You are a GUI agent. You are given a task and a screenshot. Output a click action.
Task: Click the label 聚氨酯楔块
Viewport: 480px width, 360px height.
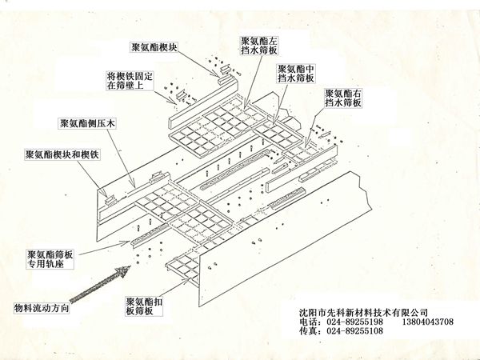[x=154, y=47]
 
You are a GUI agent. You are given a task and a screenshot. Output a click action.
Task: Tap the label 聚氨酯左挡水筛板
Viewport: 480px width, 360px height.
[x=259, y=46]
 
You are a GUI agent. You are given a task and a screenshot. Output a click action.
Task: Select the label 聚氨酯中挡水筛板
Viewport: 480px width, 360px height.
[x=296, y=74]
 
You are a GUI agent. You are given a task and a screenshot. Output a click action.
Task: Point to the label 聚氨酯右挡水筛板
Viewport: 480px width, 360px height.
[x=343, y=98]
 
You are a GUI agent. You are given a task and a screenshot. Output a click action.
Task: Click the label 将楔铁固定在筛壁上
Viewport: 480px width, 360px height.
[x=129, y=81]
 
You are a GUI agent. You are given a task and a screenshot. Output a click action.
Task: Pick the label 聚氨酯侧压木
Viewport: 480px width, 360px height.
[x=87, y=123]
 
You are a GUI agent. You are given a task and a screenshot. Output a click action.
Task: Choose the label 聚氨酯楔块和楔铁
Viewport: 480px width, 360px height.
[x=62, y=154]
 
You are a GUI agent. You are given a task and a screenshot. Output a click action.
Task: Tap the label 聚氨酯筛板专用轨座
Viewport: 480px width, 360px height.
[x=50, y=259]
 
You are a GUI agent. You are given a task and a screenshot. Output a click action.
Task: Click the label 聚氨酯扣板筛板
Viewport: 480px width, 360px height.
[x=144, y=306]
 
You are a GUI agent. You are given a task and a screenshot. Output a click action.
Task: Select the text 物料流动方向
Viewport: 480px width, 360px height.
[x=42, y=308]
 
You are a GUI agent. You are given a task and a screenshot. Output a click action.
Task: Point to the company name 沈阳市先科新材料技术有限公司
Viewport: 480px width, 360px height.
[x=363, y=313]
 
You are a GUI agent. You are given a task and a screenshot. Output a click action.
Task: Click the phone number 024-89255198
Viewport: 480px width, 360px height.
[x=354, y=322]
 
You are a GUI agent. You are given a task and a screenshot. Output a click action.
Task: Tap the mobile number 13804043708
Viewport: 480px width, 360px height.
[x=428, y=322]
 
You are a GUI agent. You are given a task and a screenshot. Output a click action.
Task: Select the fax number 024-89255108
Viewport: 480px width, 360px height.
[x=354, y=331]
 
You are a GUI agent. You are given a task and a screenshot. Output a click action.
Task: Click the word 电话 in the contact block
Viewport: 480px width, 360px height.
[x=308, y=322]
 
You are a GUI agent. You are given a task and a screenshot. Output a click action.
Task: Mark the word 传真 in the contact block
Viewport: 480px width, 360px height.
[x=308, y=331]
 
